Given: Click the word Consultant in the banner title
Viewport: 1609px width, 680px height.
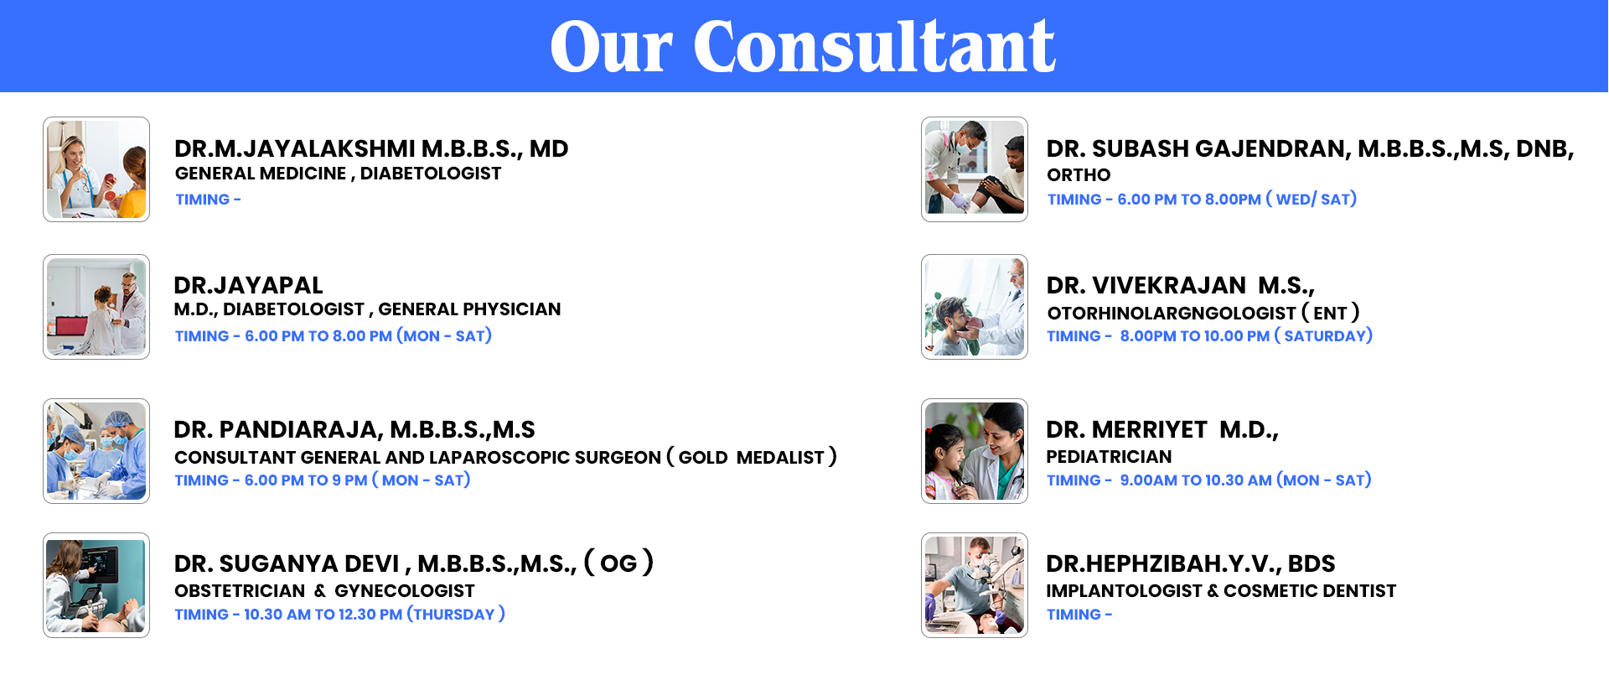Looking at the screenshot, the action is click(874, 46).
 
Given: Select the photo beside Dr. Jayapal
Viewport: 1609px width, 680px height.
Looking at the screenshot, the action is click(96, 307).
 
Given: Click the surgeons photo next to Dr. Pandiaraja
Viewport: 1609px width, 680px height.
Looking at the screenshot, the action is click(96, 451).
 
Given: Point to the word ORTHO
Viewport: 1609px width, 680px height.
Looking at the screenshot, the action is click(1079, 175).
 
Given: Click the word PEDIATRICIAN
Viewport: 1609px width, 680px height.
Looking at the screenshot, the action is click(1109, 457).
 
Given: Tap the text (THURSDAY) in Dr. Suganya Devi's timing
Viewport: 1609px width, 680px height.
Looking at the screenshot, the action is click(456, 614).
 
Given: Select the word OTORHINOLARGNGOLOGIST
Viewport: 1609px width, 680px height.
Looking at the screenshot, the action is click(1172, 314).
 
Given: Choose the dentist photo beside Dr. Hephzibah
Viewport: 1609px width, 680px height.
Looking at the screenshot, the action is click(975, 585).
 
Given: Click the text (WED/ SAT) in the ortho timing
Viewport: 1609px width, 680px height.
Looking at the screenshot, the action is click(1312, 199).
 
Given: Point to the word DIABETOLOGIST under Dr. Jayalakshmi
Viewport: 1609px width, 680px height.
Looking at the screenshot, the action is click(431, 174).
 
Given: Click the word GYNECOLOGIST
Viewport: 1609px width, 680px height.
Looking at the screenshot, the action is click(405, 591).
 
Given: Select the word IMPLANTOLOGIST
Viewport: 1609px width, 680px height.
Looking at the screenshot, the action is click(1124, 591).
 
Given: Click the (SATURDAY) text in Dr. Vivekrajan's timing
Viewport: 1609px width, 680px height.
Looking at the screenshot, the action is click(1323, 335).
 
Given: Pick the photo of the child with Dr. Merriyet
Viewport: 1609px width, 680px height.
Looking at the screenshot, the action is click(975, 451).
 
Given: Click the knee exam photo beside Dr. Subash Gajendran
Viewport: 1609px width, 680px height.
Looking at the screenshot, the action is click(975, 169).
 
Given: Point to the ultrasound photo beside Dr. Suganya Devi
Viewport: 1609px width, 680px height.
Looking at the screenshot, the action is click(96, 585).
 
